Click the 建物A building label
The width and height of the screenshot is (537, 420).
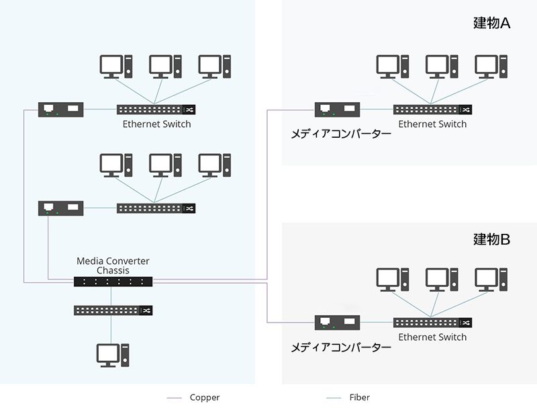click(492, 24)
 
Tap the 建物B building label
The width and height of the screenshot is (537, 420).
click(492, 239)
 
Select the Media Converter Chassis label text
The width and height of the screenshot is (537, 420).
click(113, 265)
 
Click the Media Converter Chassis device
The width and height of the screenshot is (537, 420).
click(113, 282)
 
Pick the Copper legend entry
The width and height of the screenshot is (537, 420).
click(204, 397)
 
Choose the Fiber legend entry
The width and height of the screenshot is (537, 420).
click(359, 397)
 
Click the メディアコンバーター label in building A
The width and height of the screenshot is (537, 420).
click(340, 133)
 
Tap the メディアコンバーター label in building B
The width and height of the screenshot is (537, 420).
click(340, 347)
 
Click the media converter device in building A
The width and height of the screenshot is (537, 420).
click(338, 110)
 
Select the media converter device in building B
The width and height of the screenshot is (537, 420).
click(338, 323)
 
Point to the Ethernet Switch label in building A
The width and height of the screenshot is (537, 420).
click(432, 124)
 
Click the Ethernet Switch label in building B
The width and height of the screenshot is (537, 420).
click(432, 337)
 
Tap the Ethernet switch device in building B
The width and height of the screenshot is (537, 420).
click(432, 323)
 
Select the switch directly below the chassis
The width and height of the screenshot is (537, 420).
click(113, 310)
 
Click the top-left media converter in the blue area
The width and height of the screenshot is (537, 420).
click(61, 110)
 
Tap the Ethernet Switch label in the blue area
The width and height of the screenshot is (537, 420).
click(156, 124)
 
